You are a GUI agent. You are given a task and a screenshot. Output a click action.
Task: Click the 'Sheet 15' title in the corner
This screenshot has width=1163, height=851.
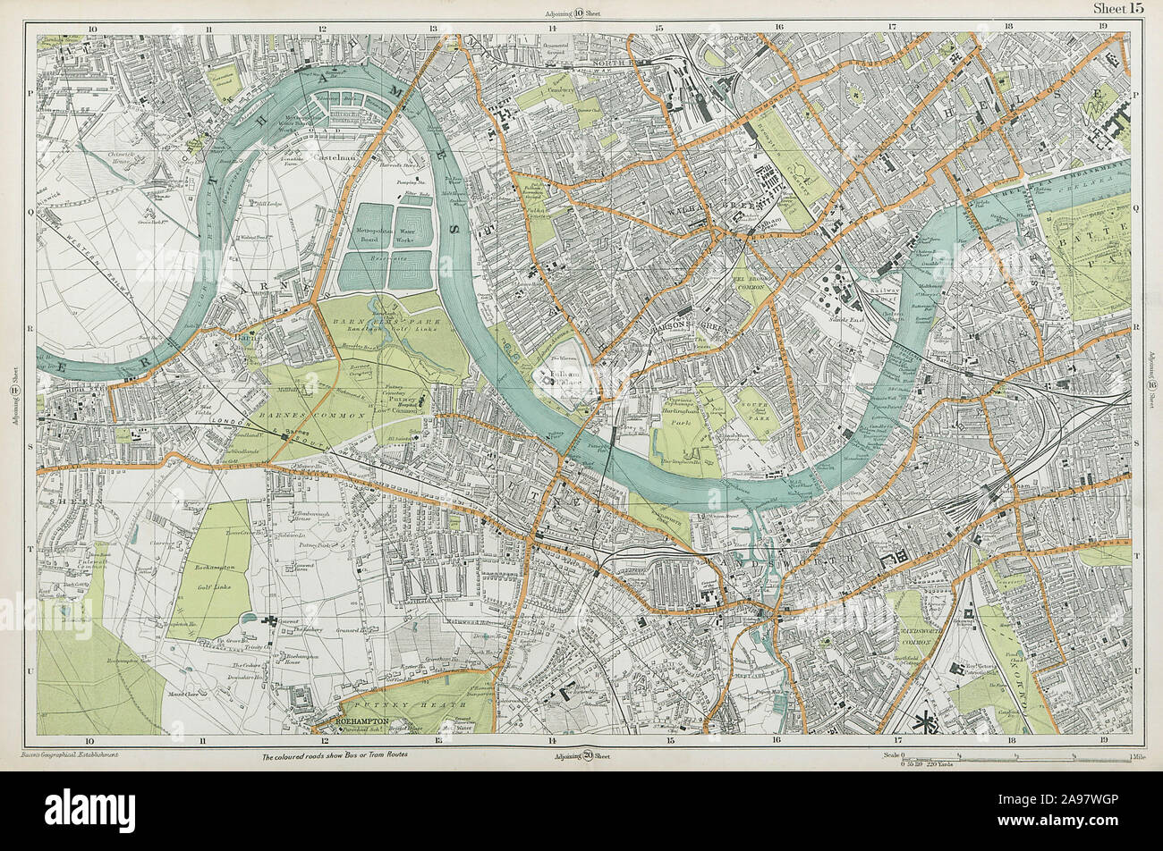(x=1117, y=9)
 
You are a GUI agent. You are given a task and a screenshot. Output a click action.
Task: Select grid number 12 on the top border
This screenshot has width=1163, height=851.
(x=320, y=28)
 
